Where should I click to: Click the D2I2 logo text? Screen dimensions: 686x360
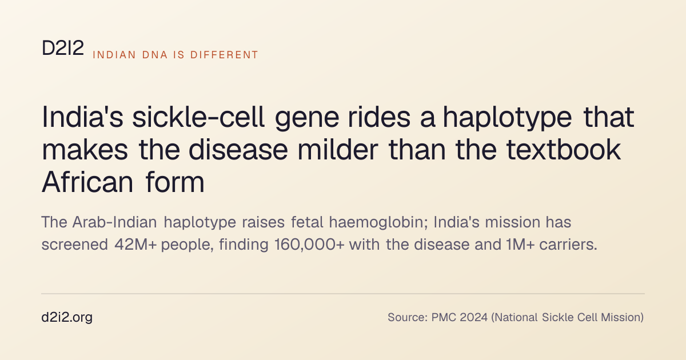[63, 48]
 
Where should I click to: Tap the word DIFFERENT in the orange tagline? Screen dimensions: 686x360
[224, 55]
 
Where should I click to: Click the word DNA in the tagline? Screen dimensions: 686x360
[155, 55]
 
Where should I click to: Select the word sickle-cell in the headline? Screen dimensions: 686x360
[198, 117]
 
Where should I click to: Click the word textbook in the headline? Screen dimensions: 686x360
[564, 150]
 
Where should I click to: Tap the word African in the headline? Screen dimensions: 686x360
[87, 182]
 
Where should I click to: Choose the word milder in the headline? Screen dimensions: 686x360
[338, 150]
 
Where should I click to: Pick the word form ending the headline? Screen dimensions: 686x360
[175, 182]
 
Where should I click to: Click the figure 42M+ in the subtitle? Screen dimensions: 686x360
[135, 245]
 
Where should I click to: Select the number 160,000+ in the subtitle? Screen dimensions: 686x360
[309, 245]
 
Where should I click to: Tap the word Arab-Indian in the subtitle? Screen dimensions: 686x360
[114, 222]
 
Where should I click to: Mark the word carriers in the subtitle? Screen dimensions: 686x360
[568, 245]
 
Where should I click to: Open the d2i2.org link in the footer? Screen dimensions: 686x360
[67, 318]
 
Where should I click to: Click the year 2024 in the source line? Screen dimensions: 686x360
[473, 318]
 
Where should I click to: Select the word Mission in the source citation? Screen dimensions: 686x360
[623, 318]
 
